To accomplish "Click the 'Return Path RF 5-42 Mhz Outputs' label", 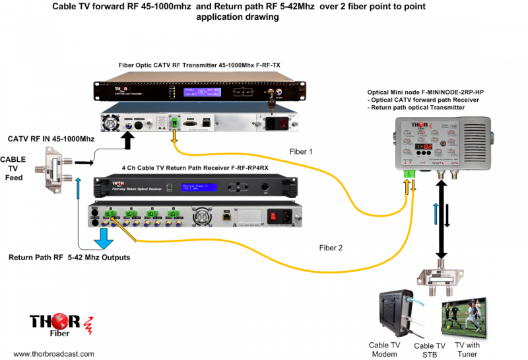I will pyautogui.click(x=69, y=257).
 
